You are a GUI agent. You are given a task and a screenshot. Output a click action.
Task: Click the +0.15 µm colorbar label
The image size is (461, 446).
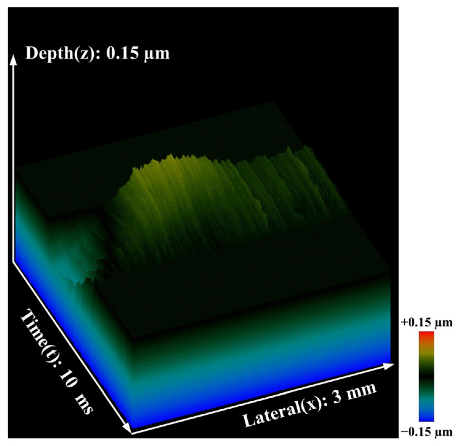[427, 322]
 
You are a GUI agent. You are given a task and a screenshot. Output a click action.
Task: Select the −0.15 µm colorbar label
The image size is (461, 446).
[427, 432]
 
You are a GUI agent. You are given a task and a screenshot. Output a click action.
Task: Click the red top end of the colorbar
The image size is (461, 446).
[426, 334]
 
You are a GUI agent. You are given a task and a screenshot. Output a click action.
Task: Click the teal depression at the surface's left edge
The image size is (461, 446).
[83, 253]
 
